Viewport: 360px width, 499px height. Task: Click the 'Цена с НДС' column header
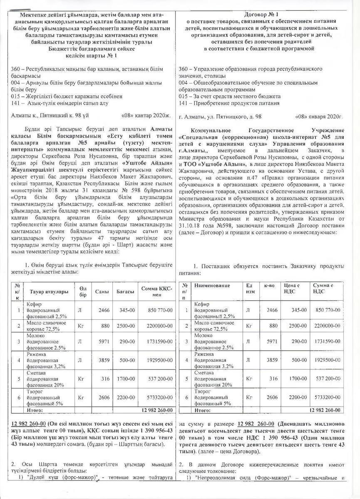click(292, 289)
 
